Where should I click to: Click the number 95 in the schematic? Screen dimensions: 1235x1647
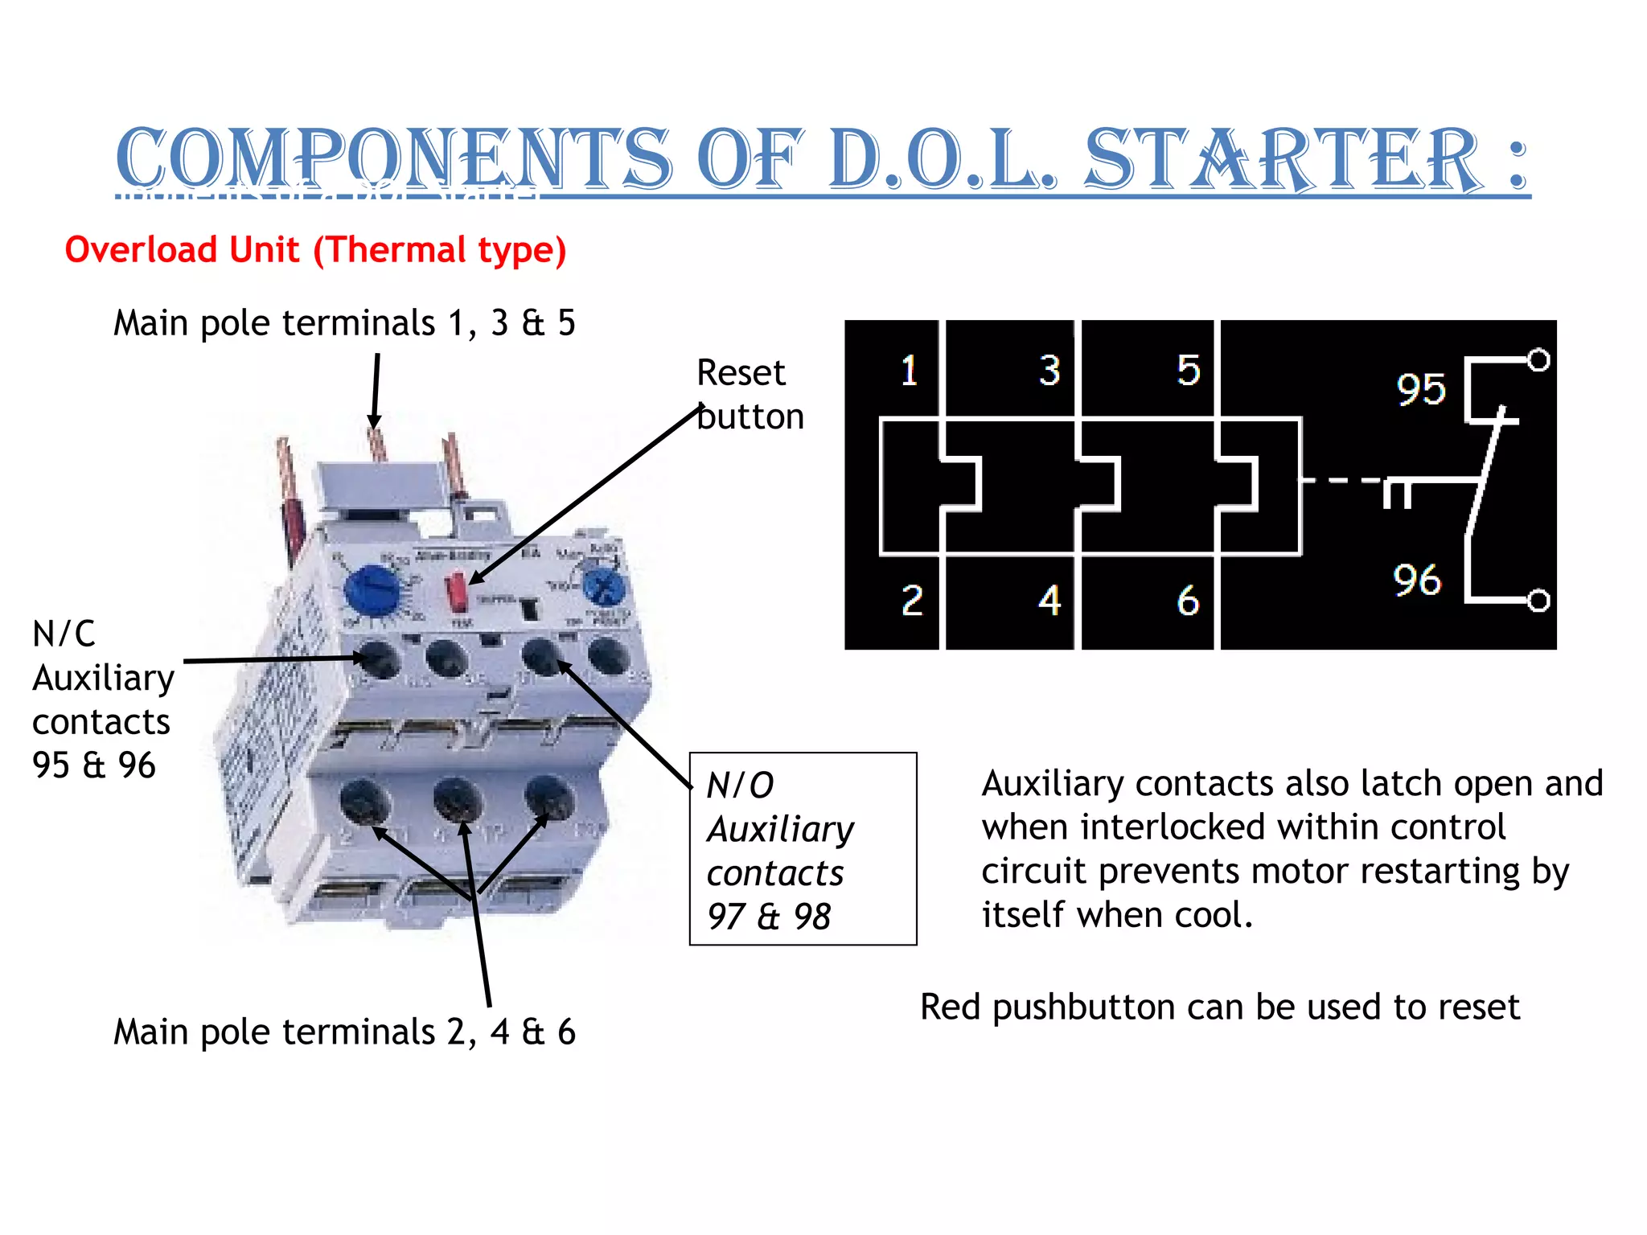(x=1420, y=389)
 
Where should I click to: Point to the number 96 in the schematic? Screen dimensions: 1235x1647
(x=1417, y=580)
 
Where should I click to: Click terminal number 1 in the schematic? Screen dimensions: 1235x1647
(x=909, y=371)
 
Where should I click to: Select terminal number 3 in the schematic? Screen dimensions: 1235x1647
(x=1049, y=371)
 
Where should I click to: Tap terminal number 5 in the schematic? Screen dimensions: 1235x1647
(x=1188, y=371)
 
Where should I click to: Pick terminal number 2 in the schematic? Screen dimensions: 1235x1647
(x=911, y=600)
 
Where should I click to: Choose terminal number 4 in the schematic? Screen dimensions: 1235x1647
(x=1049, y=600)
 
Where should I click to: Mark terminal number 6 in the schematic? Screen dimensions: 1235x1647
(x=1188, y=600)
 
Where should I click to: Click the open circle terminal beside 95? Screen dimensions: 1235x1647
(x=1538, y=360)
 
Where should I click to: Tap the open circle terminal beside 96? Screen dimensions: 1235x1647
(x=1538, y=601)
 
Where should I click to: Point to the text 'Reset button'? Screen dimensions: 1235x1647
(x=750, y=395)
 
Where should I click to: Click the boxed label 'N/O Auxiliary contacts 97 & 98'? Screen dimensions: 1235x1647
(x=803, y=849)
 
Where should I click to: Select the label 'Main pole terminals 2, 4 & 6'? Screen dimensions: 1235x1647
(x=344, y=1032)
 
